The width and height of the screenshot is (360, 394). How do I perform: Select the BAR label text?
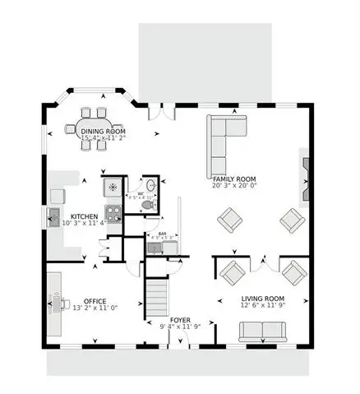click(x=161, y=234)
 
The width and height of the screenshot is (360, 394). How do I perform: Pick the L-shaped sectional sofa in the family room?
click(x=224, y=135)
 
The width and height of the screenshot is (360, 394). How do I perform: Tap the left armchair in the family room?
click(x=229, y=220)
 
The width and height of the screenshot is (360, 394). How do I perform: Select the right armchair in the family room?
click(x=290, y=220)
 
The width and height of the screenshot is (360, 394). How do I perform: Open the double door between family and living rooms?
click(x=261, y=265)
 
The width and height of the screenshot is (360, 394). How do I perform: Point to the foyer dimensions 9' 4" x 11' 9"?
click(x=181, y=327)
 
